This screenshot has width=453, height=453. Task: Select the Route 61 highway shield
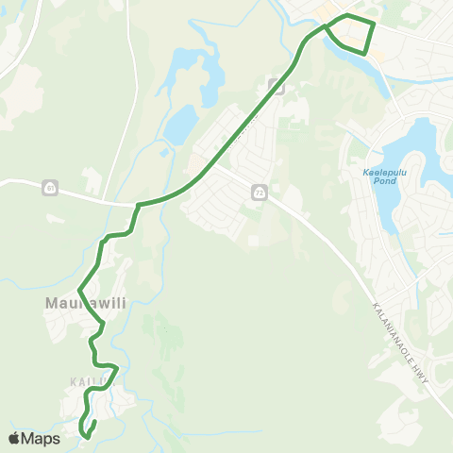click(x=48, y=189)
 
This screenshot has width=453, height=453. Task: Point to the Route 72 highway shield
click(x=259, y=193)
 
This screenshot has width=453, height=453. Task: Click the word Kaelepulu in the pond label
click(x=380, y=172)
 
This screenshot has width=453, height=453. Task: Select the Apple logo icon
click(x=14, y=438)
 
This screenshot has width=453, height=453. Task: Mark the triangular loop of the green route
click(x=351, y=34)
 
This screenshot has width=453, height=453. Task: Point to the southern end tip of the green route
click(x=87, y=436)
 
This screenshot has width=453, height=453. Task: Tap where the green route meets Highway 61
click(x=140, y=204)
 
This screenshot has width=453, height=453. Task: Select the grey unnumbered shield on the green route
click(x=278, y=87)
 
